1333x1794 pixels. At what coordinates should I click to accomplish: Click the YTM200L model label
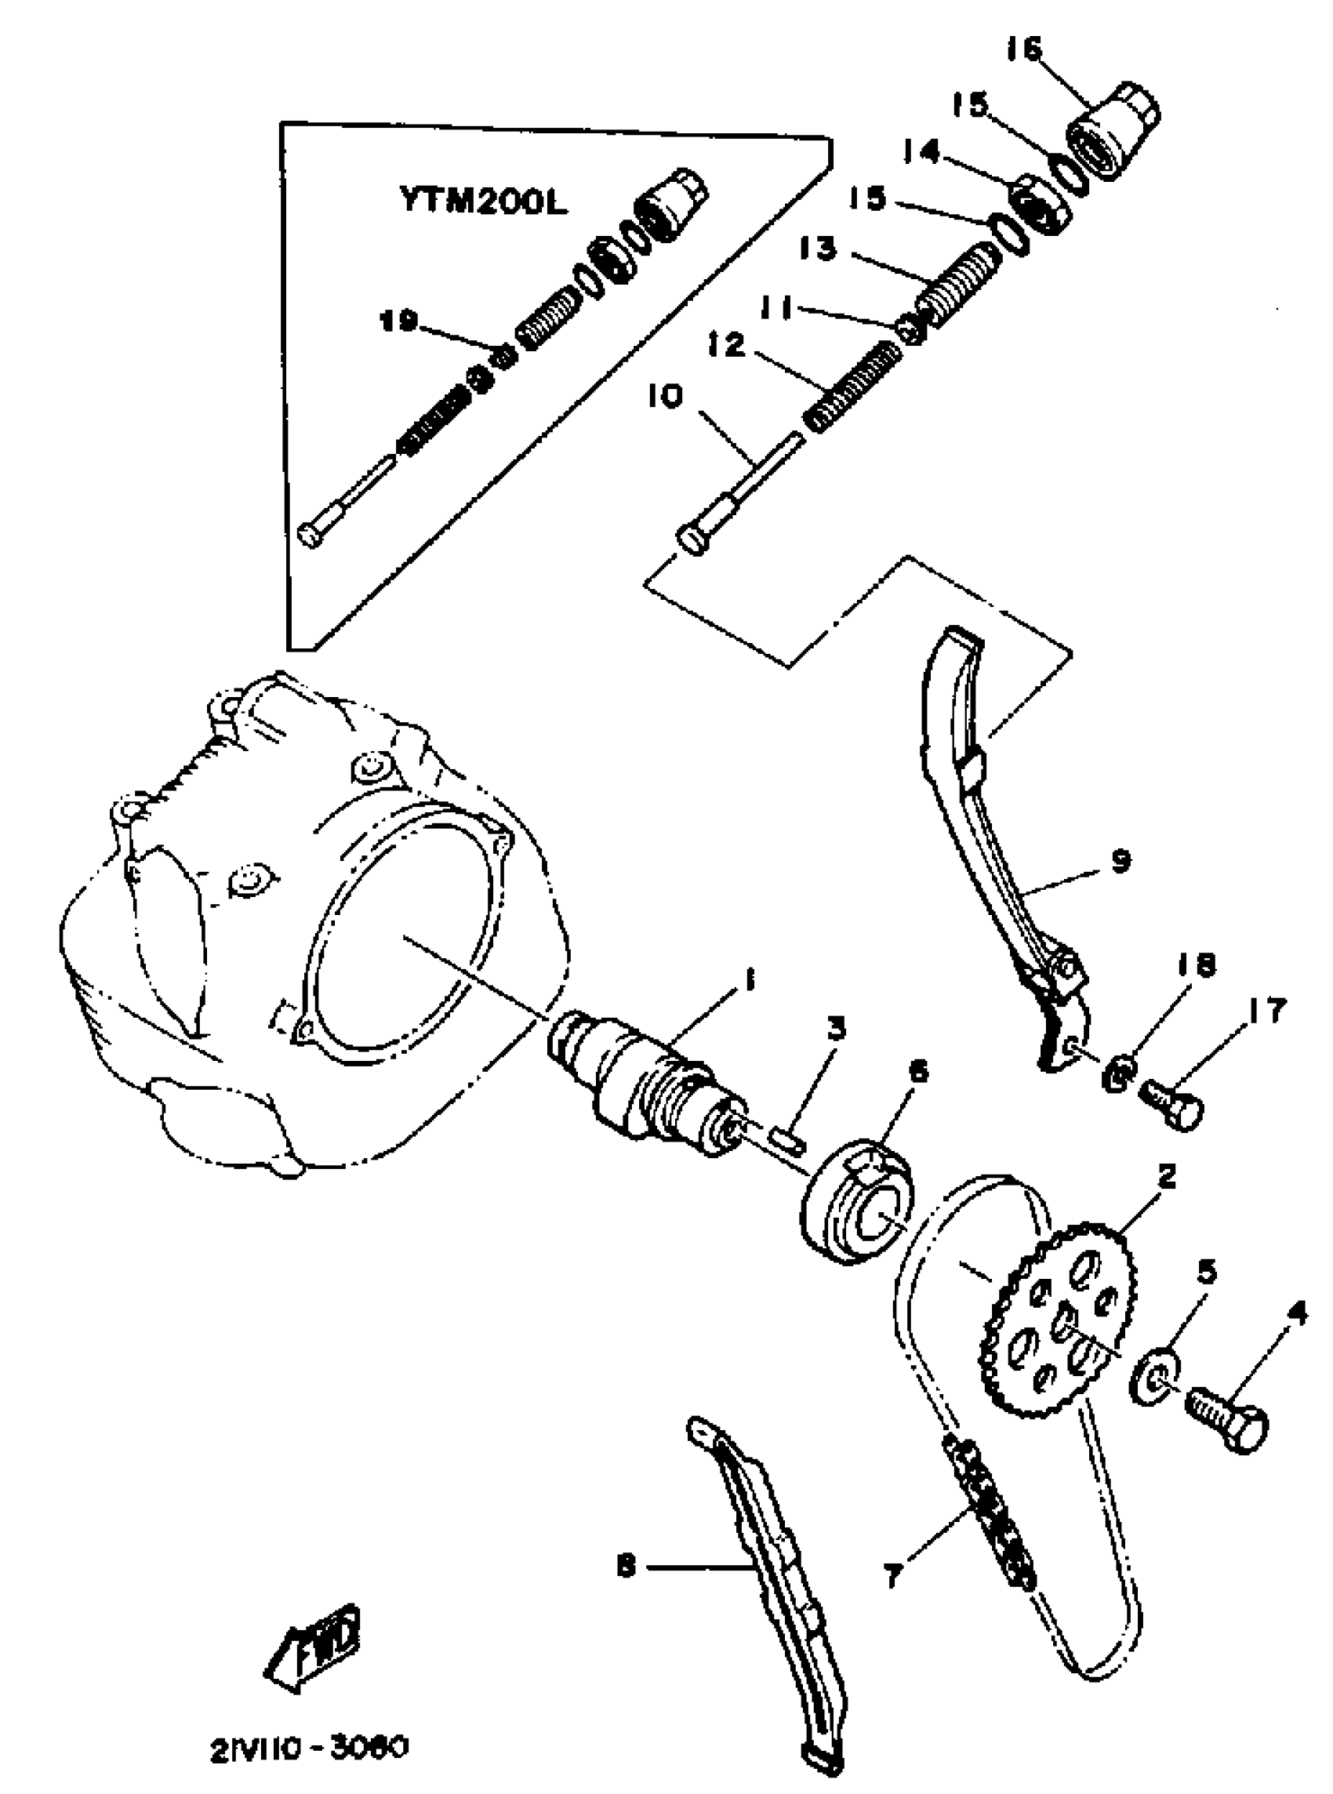pos(482,202)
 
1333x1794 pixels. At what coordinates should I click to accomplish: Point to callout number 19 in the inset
pos(399,321)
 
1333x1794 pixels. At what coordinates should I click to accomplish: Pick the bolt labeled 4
pos(1226,1428)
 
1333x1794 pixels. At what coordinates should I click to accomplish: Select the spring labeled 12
pos(852,386)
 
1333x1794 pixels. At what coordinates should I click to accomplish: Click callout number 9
pos(1119,861)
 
